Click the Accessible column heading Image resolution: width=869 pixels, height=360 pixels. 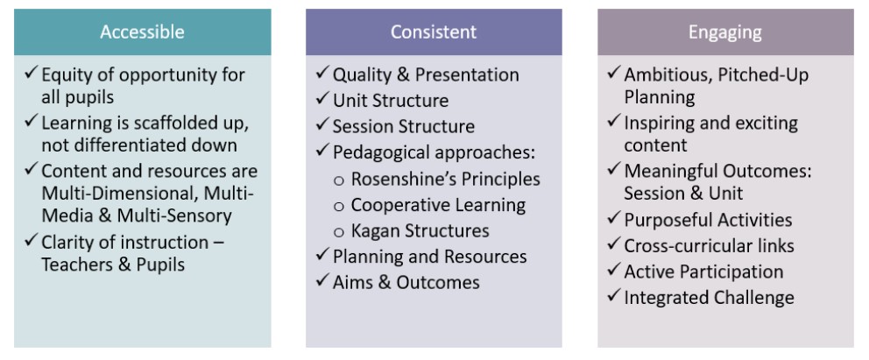coord(143,32)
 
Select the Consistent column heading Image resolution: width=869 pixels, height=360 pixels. coord(434,32)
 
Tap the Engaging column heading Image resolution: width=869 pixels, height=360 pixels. coord(725,32)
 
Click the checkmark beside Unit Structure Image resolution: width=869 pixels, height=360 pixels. coord(322,99)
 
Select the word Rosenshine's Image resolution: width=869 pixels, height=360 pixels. coord(391,179)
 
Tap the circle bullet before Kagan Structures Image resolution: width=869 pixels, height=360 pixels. coord(339,232)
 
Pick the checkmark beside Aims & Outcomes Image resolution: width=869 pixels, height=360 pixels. coord(322,280)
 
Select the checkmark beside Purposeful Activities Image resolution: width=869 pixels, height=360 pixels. coord(614,218)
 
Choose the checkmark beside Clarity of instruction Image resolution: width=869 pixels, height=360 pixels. coord(31,241)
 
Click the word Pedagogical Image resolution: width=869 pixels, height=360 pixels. coord(381,153)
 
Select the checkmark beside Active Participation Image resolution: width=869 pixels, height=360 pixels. coord(614,270)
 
